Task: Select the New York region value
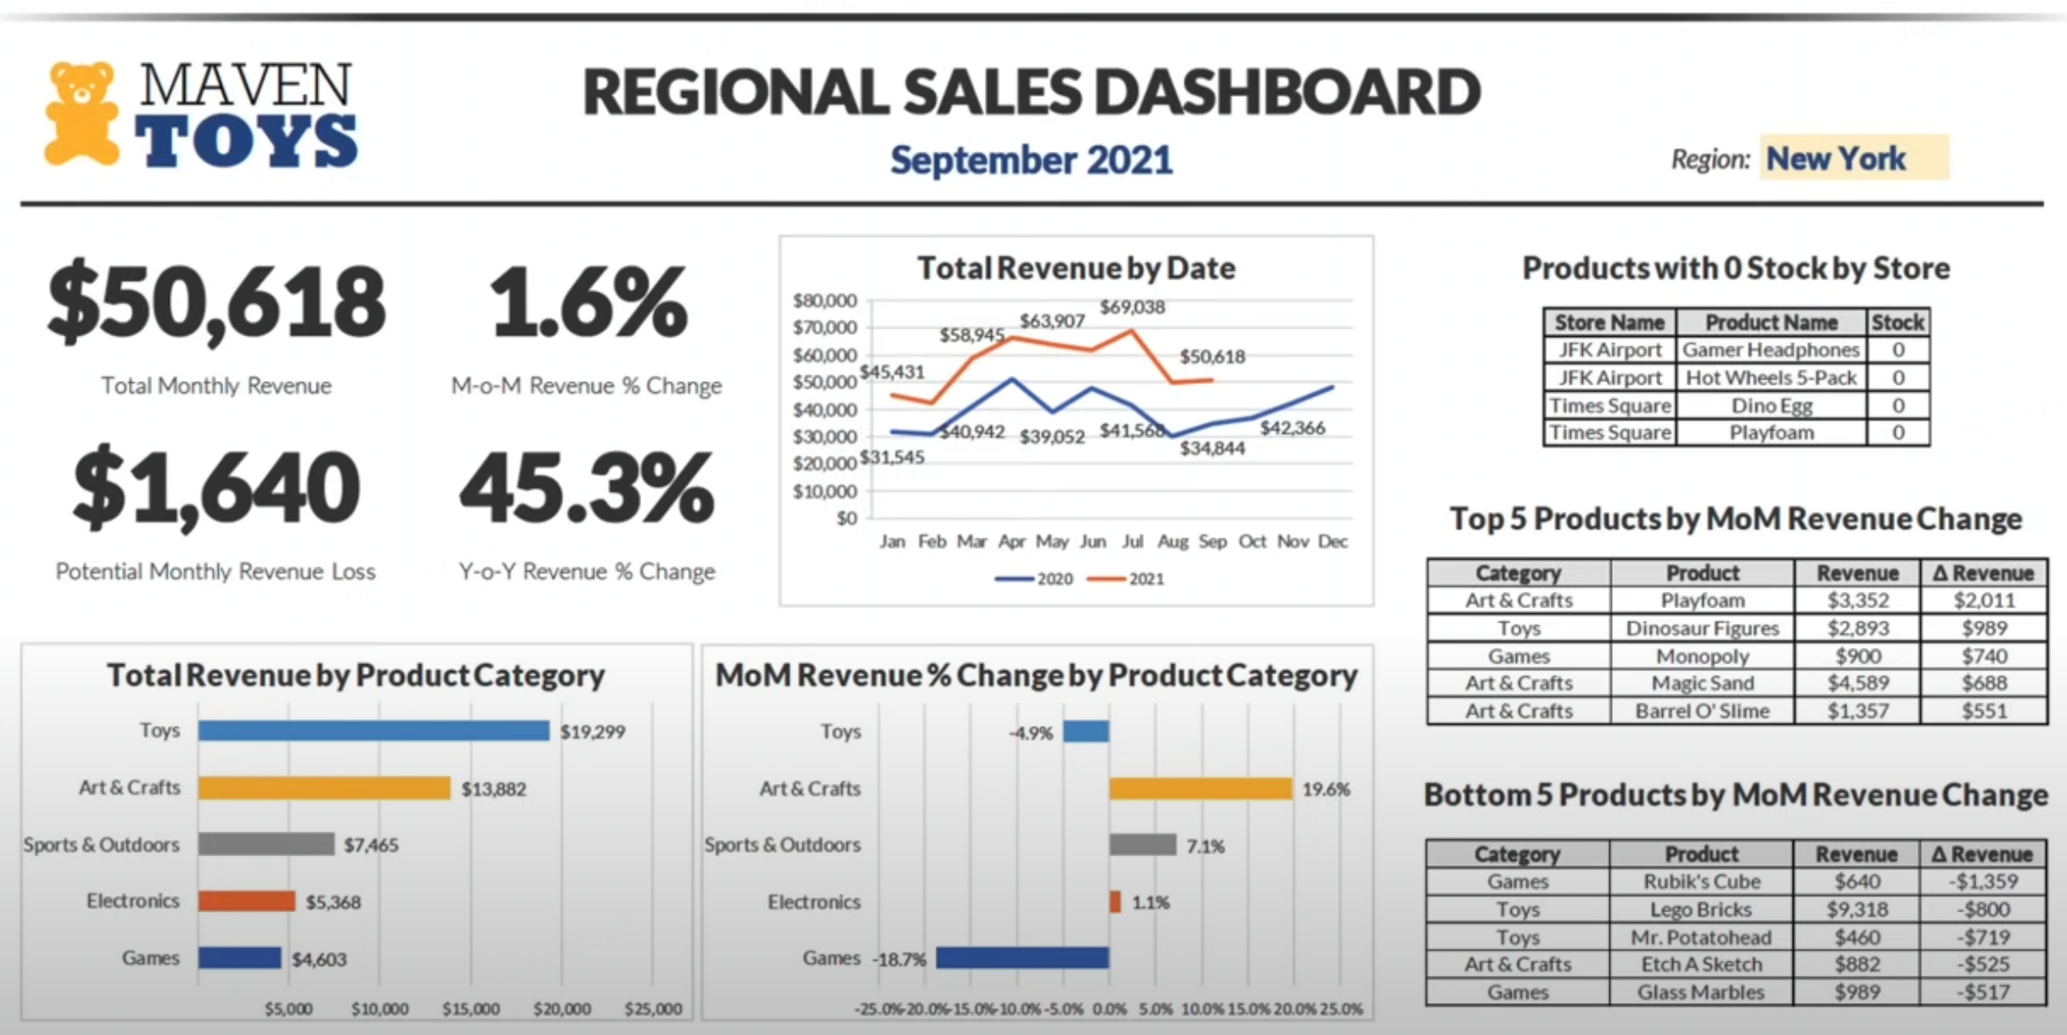[x=1836, y=159]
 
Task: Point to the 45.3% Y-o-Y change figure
[x=587, y=488]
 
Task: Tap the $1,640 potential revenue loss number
[x=217, y=488]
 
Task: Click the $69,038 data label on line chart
[x=1131, y=307]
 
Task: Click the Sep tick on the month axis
[x=1212, y=542]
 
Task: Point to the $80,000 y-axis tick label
[x=825, y=301]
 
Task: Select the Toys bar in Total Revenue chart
[x=374, y=731]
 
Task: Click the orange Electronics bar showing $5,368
[x=247, y=901]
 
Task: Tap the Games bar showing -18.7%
[x=1022, y=958]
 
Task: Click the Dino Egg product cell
[x=1772, y=405]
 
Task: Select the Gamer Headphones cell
[x=1771, y=350]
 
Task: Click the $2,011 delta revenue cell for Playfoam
[x=1984, y=600]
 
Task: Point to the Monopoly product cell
[x=1702, y=656]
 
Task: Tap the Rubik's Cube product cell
[x=1701, y=882]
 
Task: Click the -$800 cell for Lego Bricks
[x=1982, y=909]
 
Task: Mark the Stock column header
[x=1898, y=322]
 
